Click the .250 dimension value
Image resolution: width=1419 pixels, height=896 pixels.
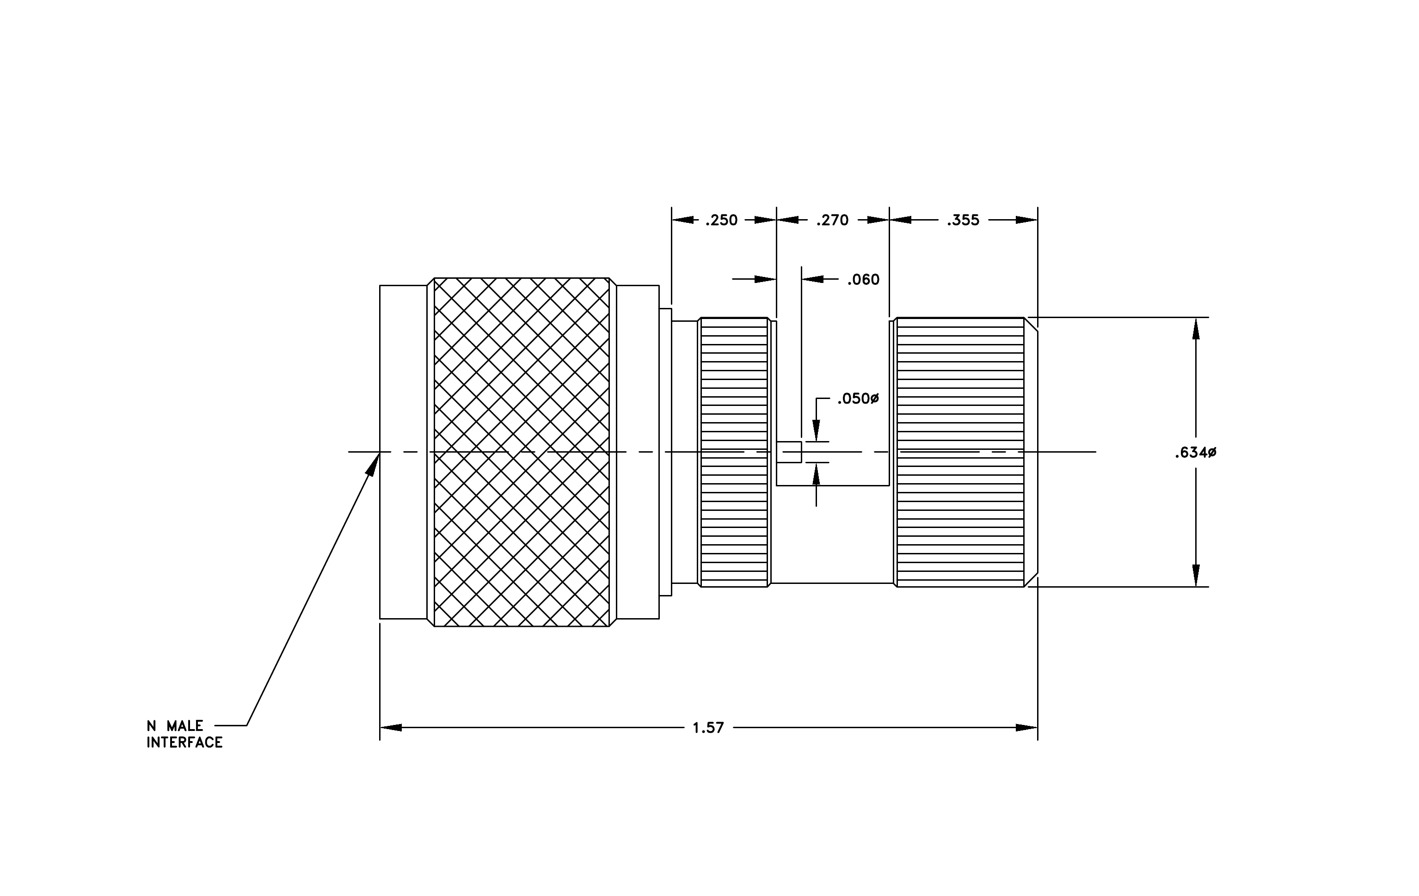[721, 221]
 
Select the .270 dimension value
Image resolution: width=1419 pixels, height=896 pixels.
[832, 221]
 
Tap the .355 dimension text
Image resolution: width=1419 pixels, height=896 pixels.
[963, 221]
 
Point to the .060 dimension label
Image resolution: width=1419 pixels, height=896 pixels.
[863, 280]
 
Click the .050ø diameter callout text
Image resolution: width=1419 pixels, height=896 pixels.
[858, 399]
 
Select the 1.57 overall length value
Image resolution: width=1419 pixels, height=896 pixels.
[708, 728]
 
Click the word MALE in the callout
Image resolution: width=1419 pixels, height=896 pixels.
[185, 726]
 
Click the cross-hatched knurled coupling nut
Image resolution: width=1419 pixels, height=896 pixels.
[522, 452]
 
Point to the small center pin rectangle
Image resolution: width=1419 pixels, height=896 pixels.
[789, 452]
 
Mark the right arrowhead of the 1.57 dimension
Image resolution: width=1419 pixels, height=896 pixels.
[1026, 728]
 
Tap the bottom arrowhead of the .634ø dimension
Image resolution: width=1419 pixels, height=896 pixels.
[1196, 576]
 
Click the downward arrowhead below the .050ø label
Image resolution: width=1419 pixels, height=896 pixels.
[816, 430]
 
